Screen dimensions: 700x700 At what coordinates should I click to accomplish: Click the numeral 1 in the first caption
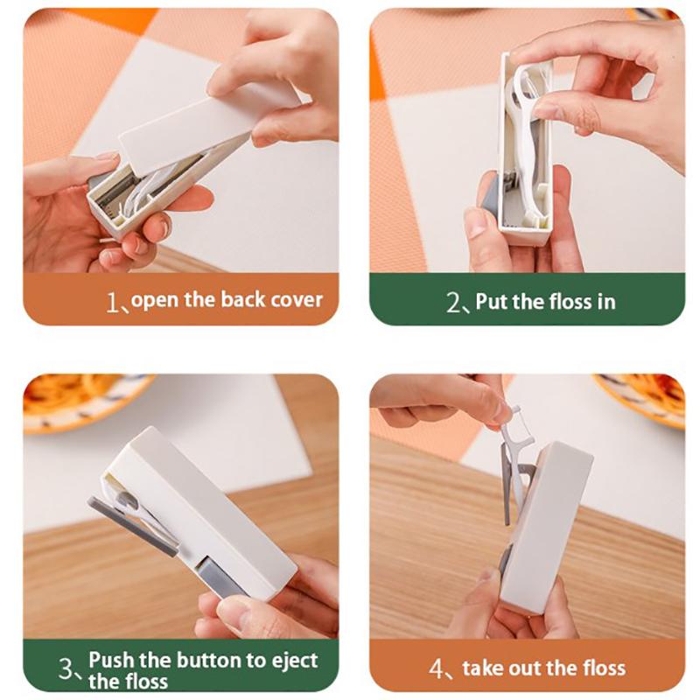coord(112,302)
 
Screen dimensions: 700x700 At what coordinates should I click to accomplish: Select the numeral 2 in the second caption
coord(453,302)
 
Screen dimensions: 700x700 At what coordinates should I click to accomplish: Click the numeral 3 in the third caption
coord(66,668)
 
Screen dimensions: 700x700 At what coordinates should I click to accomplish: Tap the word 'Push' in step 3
coord(111,660)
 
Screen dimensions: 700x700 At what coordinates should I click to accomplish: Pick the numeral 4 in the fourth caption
coord(436,668)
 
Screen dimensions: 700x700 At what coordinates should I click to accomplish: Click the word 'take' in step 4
coord(482,668)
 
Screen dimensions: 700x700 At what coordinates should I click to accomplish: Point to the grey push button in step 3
coord(219,575)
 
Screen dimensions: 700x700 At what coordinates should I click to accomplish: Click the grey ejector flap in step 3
coord(133,527)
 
